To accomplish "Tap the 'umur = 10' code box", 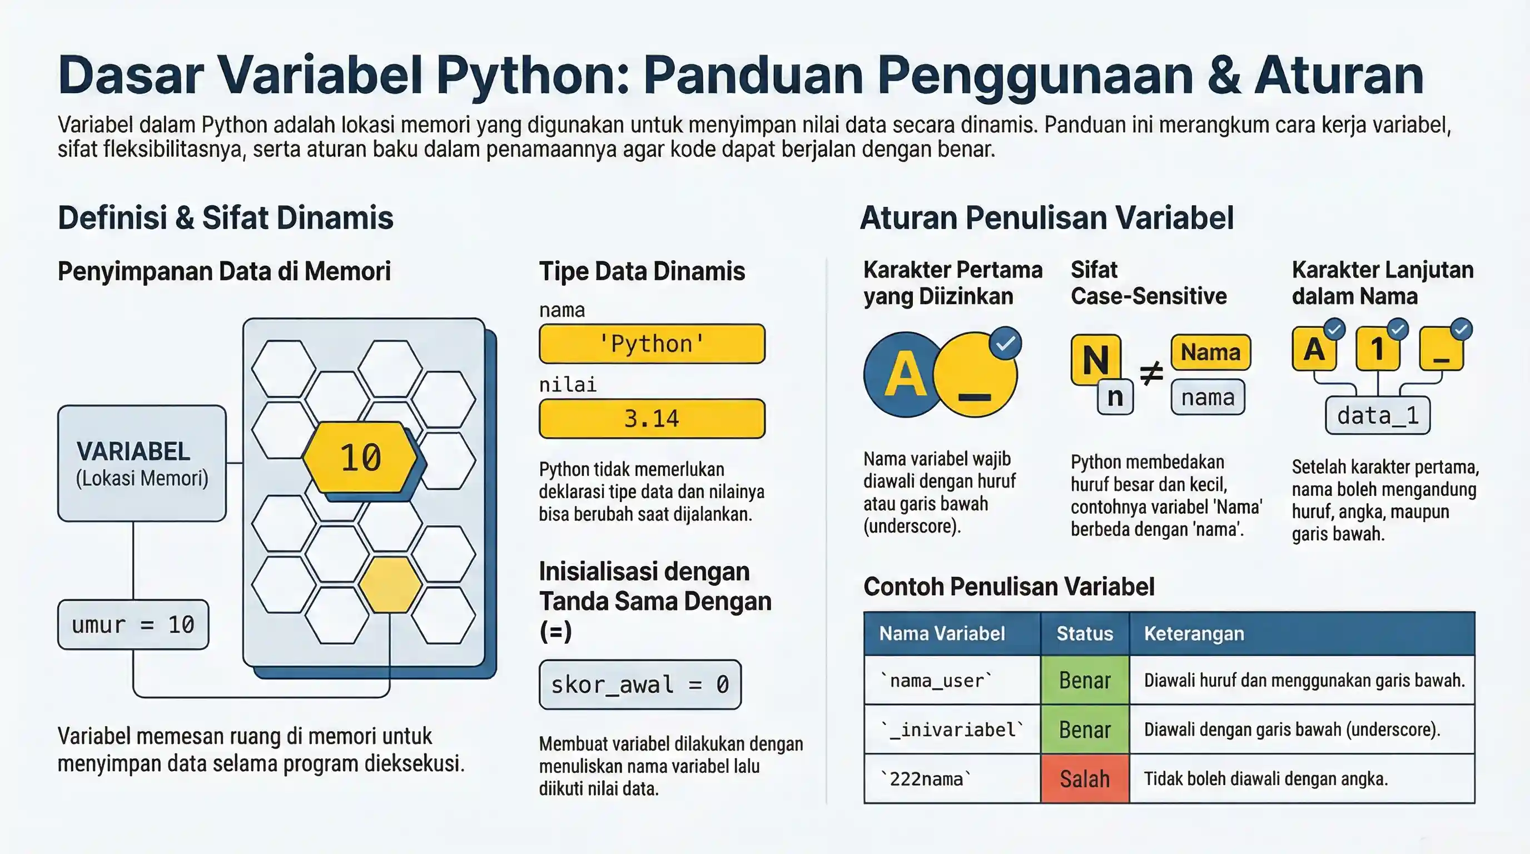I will click(x=133, y=624).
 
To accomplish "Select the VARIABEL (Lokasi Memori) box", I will click(x=141, y=463).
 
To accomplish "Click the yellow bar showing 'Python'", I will click(x=652, y=344).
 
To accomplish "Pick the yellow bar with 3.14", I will click(x=652, y=419).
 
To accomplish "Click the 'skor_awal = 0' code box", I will click(x=640, y=685).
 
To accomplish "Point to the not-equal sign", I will click(x=1151, y=374).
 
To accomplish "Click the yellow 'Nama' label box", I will click(x=1210, y=352).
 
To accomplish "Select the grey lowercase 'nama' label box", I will click(x=1208, y=397).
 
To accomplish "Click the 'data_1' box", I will click(x=1377, y=416).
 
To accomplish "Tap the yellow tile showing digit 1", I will click(x=1377, y=349).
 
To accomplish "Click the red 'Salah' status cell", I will click(x=1085, y=778).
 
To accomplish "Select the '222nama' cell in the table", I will click(x=951, y=778).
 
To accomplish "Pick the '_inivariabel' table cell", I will click(x=951, y=729).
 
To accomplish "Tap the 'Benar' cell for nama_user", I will click(x=1085, y=680).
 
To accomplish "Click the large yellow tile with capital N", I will click(x=1095, y=359).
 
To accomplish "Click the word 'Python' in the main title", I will click(x=532, y=76).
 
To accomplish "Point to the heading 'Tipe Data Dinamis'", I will click(x=642, y=271).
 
